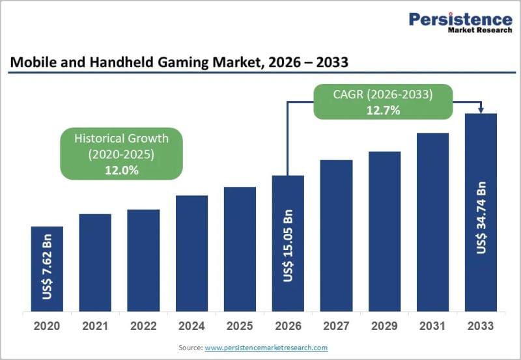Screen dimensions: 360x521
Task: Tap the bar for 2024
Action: (x=191, y=253)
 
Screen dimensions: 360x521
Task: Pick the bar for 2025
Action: (x=240, y=249)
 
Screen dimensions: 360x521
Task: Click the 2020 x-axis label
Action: (x=47, y=325)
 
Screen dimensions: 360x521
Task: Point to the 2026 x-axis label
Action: (x=288, y=325)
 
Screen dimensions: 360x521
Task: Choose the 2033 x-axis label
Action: (x=481, y=325)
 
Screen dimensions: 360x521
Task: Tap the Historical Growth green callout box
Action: (x=121, y=153)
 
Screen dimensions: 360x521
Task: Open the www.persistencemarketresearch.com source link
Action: (x=266, y=348)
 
